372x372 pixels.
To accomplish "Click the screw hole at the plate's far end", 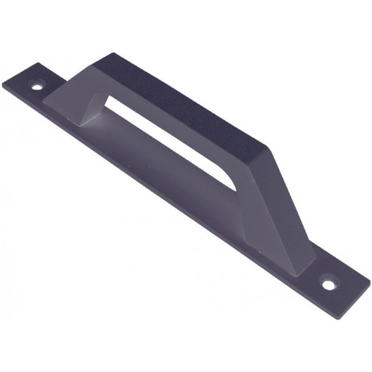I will click(x=37, y=85).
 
